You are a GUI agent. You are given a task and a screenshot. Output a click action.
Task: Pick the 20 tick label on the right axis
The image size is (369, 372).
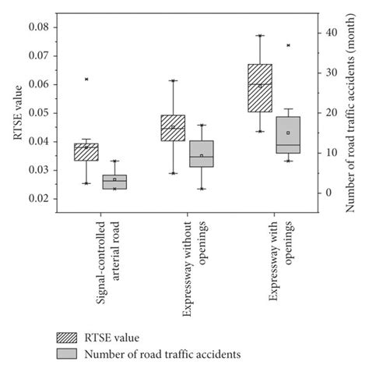tap(331, 112)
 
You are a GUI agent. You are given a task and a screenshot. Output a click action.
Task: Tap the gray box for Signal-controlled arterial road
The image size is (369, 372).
tap(114, 182)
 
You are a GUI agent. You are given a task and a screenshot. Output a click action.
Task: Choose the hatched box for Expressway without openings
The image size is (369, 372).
tap(173, 128)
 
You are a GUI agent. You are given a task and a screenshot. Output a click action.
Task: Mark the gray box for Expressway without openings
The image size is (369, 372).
tap(201, 154)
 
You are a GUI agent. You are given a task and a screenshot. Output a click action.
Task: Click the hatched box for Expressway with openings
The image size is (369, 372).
tap(259, 88)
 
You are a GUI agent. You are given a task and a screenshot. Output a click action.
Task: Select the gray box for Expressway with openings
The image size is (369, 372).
tap(288, 135)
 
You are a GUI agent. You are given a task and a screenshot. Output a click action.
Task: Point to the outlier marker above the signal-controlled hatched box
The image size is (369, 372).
tap(86, 80)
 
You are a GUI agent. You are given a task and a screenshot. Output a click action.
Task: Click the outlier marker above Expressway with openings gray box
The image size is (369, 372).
tap(288, 45)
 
